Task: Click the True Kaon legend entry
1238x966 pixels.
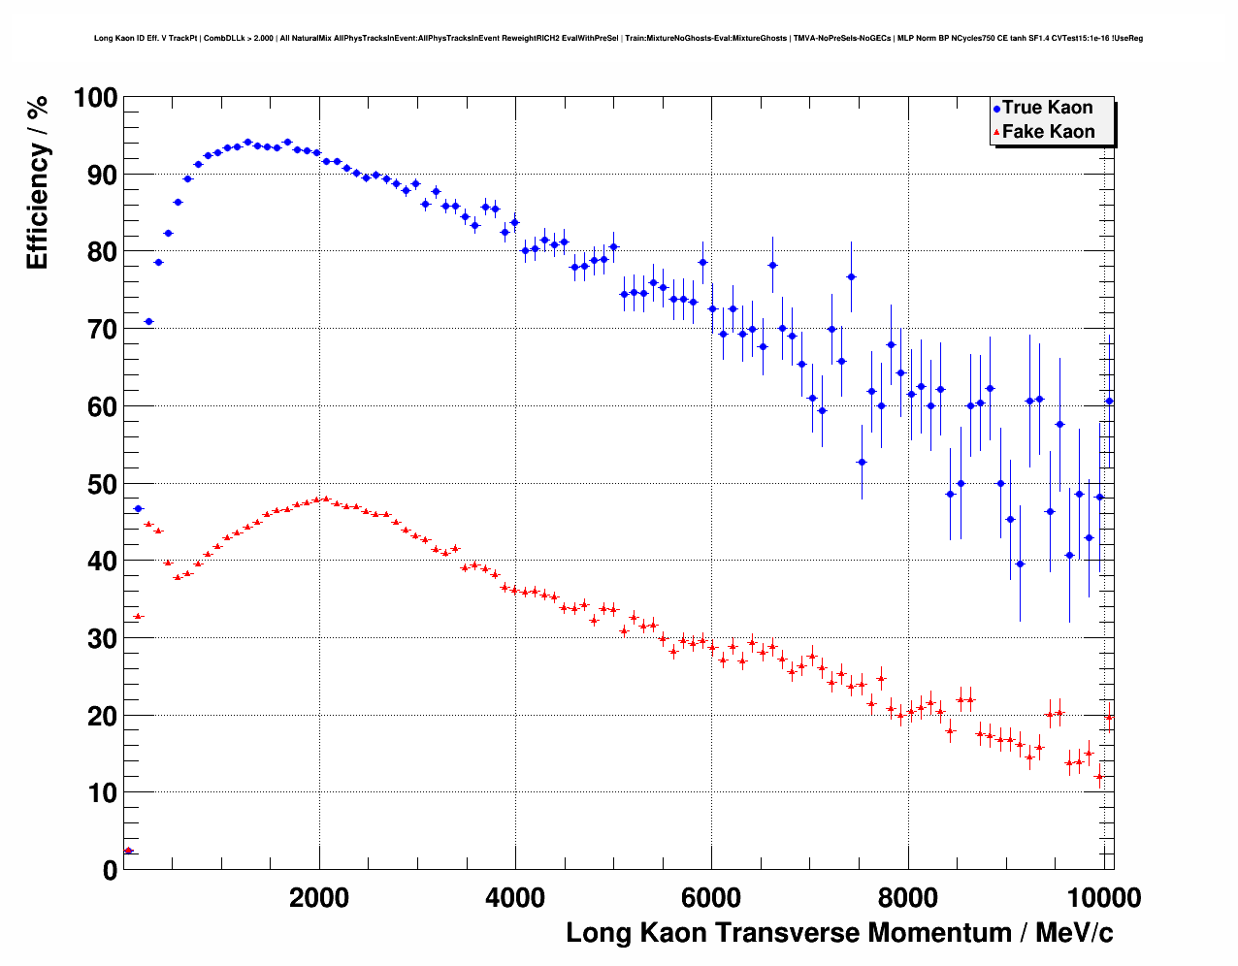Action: coord(1047,108)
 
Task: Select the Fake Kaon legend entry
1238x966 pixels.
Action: coord(1048,132)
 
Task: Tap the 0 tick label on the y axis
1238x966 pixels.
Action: coord(110,870)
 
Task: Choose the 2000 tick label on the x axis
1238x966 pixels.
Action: coord(319,897)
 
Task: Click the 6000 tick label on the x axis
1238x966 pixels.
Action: coord(711,897)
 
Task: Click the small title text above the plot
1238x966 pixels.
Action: coord(618,39)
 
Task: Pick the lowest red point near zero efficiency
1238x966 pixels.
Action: coord(128,851)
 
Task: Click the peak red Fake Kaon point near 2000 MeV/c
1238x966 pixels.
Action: coord(325,499)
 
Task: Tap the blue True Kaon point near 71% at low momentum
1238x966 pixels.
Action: coord(148,321)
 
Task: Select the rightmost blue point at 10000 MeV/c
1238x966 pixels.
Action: coord(1109,401)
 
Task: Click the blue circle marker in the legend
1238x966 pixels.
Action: coord(996,109)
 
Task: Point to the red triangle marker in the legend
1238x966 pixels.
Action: coord(996,133)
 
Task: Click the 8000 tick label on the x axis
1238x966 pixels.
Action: coord(907,897)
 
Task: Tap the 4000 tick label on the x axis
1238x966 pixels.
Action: coord(515,897)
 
